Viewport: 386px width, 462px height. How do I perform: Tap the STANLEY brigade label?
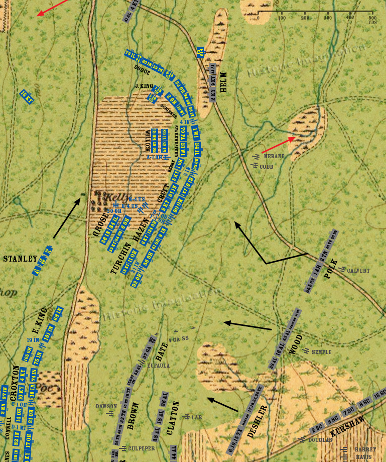[20, 259]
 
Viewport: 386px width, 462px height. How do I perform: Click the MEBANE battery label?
[275, 156]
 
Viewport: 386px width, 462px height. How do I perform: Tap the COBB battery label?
[267, 166]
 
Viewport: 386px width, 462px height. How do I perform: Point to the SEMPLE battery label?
[321, 352]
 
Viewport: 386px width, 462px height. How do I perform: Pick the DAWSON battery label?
[106, 406]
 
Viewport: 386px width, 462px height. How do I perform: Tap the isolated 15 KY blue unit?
[27, 96]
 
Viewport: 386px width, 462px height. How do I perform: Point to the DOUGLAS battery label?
[320, 439]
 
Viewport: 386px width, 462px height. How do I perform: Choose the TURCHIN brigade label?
[115, 259]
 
